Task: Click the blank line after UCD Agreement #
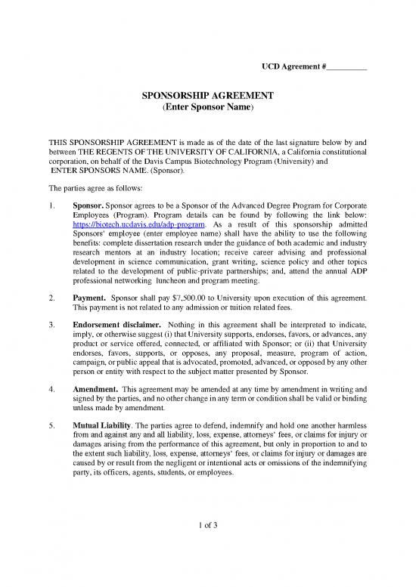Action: click(346, 68)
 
